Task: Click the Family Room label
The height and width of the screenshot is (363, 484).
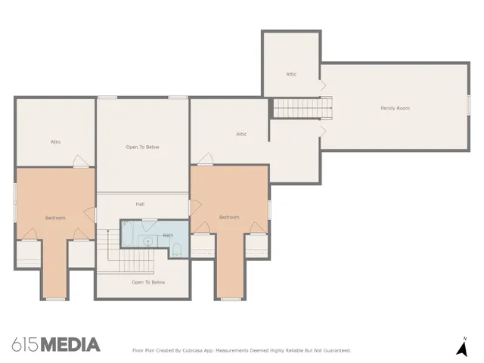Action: pyautogui.click(x=395, y=108)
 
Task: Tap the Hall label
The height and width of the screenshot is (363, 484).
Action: pyautogui.click(x=141, y=204)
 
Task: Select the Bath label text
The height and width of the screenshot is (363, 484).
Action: pyautogui.click(x=168, y=236)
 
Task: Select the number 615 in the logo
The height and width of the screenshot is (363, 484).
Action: pyautogui.click(x=25, y=345)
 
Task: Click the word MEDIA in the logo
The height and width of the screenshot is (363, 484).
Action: pyautogui.click(x=70, y=345)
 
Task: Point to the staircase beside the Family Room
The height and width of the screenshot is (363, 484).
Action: pyautogui.click(x=302, y=109)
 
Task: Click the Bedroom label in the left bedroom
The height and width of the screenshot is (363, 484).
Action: pyautogui.click(x=55, y=218)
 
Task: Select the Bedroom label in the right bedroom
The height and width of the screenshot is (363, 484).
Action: pyautogui.click(x=229, y=217)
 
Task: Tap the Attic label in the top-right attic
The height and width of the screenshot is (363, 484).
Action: pyautogui.click(x=291, y=74)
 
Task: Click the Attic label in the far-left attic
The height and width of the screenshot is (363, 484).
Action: pyautogui.click(x=55, y=141)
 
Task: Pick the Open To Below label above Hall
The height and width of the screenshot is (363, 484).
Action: pyautogui.click(x=143, y=147)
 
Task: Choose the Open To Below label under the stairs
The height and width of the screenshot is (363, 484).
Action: pyautogui.click(x=148, y=282)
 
